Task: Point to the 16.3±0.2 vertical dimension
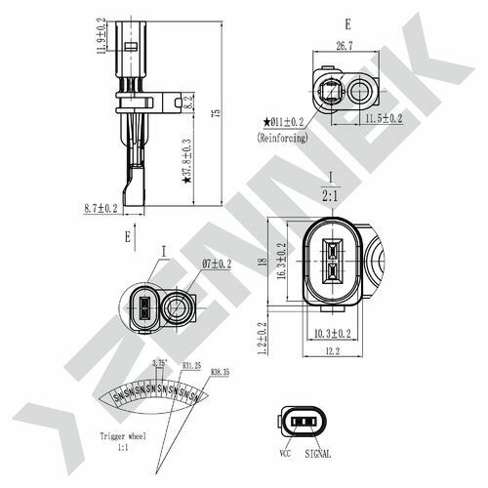(283, 261)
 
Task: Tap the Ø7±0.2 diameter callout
(217, 264)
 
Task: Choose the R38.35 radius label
(220, 372)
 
